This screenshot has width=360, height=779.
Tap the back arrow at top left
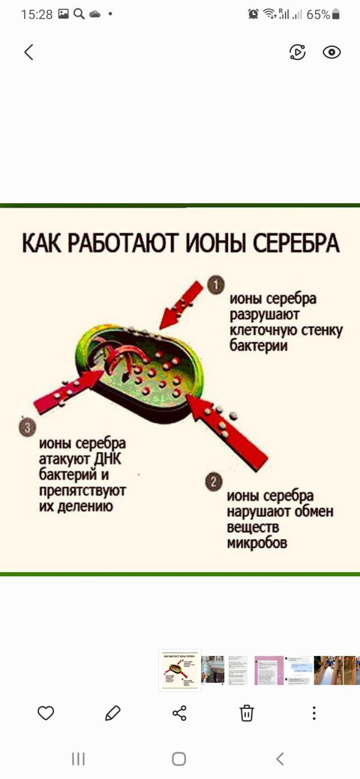coord(29,52)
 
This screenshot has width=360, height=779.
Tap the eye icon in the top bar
coord(332,52)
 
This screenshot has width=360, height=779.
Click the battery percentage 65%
coord(318,14)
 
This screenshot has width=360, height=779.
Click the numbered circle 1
coord(215,284)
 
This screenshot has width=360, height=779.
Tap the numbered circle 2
coord(214,482)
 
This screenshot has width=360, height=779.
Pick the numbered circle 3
coord(27,428)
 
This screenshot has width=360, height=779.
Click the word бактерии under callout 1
coord(259,346)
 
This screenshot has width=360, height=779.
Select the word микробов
coord(257,543)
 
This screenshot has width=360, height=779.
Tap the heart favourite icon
coord(46,712)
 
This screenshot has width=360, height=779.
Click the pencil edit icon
coord(112,712)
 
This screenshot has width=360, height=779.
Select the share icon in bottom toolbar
coord(179,712)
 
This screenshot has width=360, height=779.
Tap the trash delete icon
coord(247,712)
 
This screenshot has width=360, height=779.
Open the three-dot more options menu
coord(314,712)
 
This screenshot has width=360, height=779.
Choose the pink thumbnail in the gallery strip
coord(269,670)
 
